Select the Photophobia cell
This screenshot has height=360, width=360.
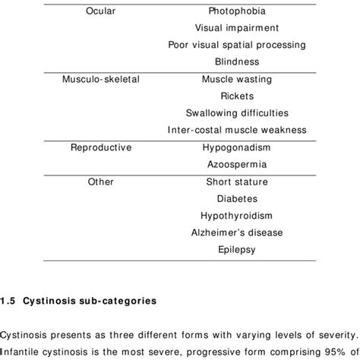tap(236, 11)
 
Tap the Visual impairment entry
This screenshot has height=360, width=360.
tap(236, 28)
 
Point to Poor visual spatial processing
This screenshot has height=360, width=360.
tap(236, 45)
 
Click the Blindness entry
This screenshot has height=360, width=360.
tap(236, 62)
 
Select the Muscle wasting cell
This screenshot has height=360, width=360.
tap(236, 79)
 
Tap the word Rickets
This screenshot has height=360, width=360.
tap(236, 96)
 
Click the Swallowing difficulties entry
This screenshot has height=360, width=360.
tap(236, 113)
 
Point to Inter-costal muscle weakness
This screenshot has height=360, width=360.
tap(236, 130)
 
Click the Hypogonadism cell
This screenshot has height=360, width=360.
tap(236, 147)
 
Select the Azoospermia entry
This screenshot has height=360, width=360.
tap(236, 164)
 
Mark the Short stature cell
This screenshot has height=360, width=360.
tap(236, 182)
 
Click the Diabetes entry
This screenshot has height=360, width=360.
tap(236, 198)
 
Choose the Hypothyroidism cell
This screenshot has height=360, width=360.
tap(236, 215)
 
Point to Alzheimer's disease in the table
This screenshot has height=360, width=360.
tap(236, 232)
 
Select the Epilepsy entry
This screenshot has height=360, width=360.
tap(236, 248)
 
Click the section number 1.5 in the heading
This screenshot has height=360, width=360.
tap(7, 301)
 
